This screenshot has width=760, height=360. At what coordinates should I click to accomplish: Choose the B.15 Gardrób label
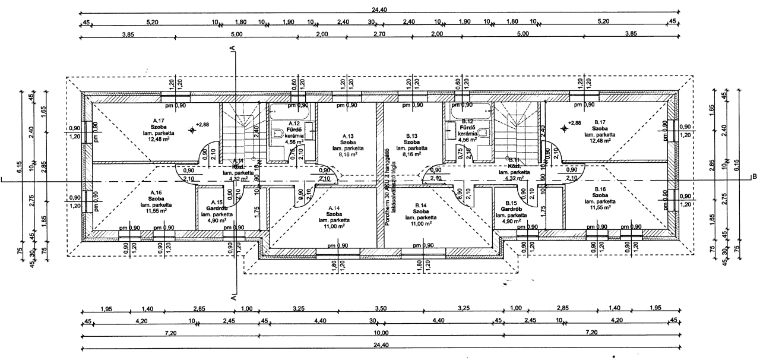510,209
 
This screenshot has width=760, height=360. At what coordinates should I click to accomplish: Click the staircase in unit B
515,134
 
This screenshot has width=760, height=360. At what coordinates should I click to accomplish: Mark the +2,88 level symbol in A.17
192,129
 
